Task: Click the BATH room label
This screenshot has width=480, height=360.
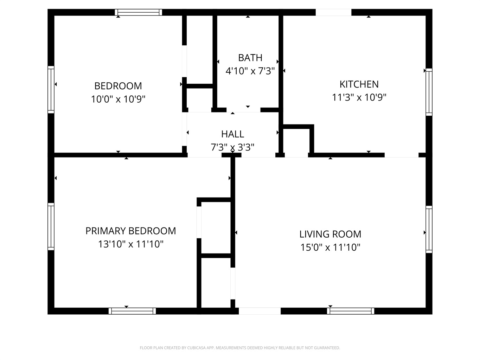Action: pyautogui.click(x=250, y=58)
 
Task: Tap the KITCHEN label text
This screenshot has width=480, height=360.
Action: pyautogui.click(x=359, y=84)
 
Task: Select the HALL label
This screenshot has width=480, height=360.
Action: pyautogui.click(x=232, y=134)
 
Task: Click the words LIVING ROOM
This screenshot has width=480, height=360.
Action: pyautogui.click(x=330, y=234)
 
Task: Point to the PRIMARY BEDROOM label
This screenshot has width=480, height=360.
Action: pyautogui.click(x=130, y=231)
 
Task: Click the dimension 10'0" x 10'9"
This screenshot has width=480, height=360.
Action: pyautogui.click(x=118, y=99)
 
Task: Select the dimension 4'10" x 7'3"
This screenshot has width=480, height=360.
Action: pyautogui.click(x=250, y=71)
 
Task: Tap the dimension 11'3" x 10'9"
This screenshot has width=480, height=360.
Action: pyautogui.click(x=359, y=97)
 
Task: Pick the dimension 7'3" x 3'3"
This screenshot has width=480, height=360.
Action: pyautogui.click(x=232, y=147)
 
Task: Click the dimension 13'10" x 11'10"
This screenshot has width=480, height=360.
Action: pyautogui.click(x=130, y=244)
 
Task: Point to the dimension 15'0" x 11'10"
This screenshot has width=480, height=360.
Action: pyautogui.click(x=330, y=247)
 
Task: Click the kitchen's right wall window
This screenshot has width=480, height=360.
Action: pyautogui.click(x=429, y=92)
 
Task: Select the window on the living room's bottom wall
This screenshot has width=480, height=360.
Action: pyautogui.click(x=351, y=311)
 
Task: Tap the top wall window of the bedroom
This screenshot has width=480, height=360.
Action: pyautogui.click(x=139, y=12)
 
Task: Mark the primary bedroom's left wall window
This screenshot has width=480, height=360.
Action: pyautogui.click(x=51, y=226)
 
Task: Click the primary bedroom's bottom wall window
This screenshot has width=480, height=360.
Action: pyautogui.click(x=132, y=311)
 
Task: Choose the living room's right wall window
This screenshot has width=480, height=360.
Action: pyautogui.click(x=429, y=229)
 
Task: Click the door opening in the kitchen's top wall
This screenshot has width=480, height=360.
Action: pyautogui.click(x=333, y=12)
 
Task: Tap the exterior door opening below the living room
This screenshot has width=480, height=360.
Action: pyautogui.click(x=260, y=311)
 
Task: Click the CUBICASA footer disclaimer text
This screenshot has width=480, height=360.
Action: pyautogui.click(x=240, y=348)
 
